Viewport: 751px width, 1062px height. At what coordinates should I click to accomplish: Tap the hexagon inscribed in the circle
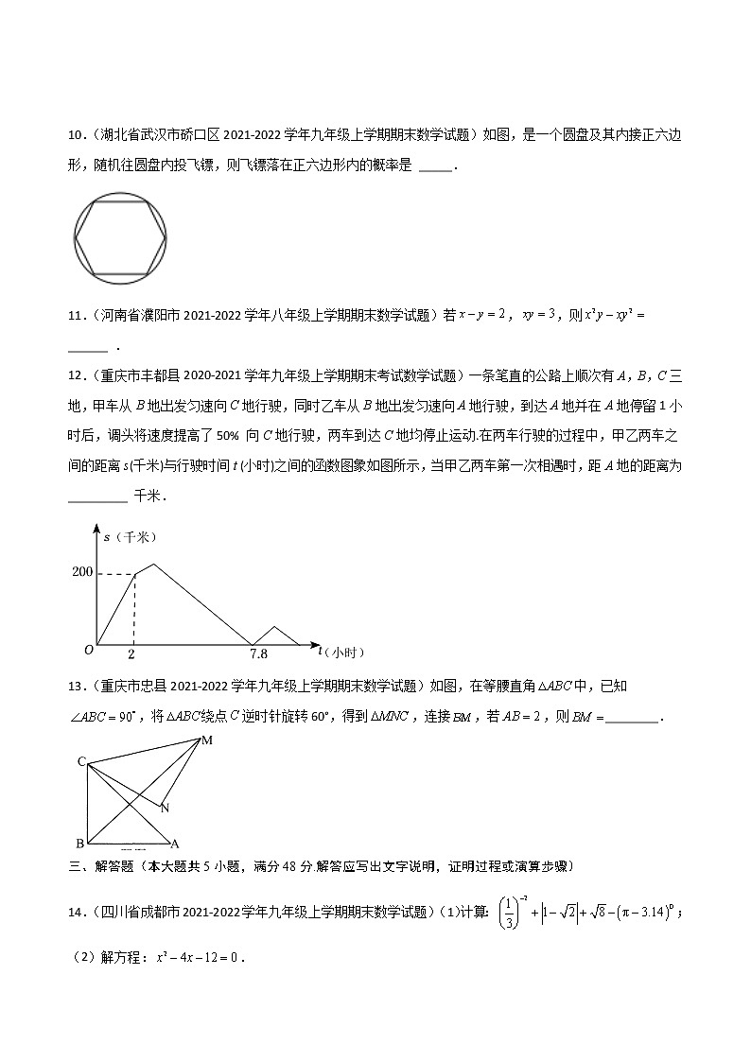120,237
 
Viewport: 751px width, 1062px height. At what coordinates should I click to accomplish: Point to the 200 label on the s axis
81,573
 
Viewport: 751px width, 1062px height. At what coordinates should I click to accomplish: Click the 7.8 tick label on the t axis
257,653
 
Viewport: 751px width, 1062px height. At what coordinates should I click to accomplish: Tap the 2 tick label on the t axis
131,653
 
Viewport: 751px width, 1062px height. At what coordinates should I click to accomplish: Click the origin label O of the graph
88,650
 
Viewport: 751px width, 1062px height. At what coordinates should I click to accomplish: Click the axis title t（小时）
341,652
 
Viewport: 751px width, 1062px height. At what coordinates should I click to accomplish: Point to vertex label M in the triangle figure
206,740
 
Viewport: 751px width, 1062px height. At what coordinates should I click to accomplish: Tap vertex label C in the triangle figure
82,761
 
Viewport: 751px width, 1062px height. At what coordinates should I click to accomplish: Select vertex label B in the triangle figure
79,843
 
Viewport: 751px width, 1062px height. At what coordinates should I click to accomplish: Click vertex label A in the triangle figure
175,843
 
